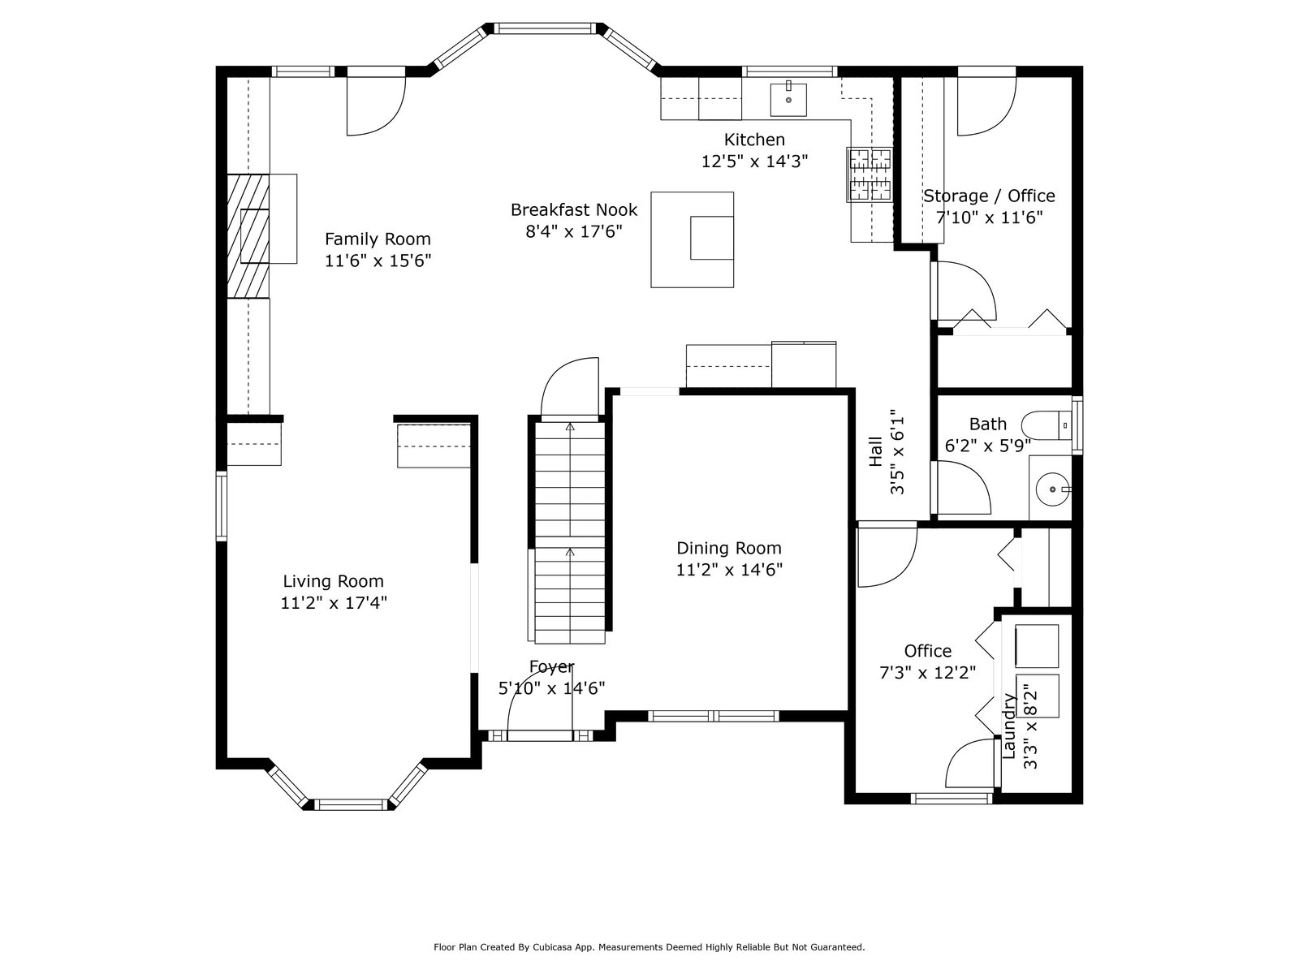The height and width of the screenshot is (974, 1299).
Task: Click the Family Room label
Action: [378, 239]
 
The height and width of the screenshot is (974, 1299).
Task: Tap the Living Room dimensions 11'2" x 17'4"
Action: [334, 602]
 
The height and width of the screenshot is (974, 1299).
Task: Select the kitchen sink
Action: [788, 99]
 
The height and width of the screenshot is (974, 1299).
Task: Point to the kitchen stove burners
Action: [870, 175]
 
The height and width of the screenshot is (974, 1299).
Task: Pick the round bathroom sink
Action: [1053, 489]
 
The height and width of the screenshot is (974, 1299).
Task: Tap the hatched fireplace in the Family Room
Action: [248, 236]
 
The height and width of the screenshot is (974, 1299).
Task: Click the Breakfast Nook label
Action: [574, 210]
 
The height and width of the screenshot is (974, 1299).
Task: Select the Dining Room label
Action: [729, 548]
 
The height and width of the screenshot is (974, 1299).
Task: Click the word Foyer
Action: [551, 667]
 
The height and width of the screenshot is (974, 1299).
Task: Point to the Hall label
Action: [876, 452]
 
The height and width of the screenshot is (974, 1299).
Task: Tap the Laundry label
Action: [1009, 726]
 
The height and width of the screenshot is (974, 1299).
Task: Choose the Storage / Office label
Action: [989, 196]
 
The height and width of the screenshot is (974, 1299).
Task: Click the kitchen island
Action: [693, 239]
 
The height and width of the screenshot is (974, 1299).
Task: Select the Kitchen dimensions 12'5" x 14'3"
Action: [754, 162]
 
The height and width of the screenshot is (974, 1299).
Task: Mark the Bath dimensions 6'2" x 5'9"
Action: [988, 446]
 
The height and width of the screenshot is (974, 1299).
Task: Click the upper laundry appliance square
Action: [1037, 646]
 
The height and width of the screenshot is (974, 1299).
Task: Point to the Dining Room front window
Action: [713, 716]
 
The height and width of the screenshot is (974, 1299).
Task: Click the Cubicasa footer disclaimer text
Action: [649, 946]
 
